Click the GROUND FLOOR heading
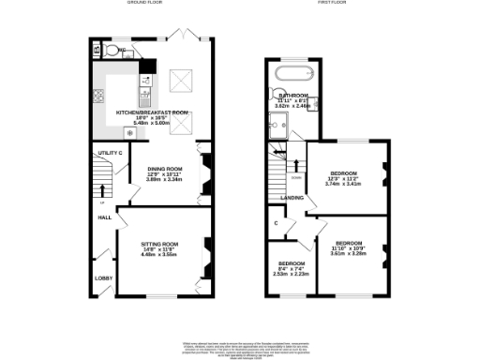[x=146, y=4]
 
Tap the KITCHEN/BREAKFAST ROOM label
[x=153, y=112]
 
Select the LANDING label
[x=292, y=198]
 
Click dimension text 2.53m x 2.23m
[x=290, y=275]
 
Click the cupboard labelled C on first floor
[x=276, y=223]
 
